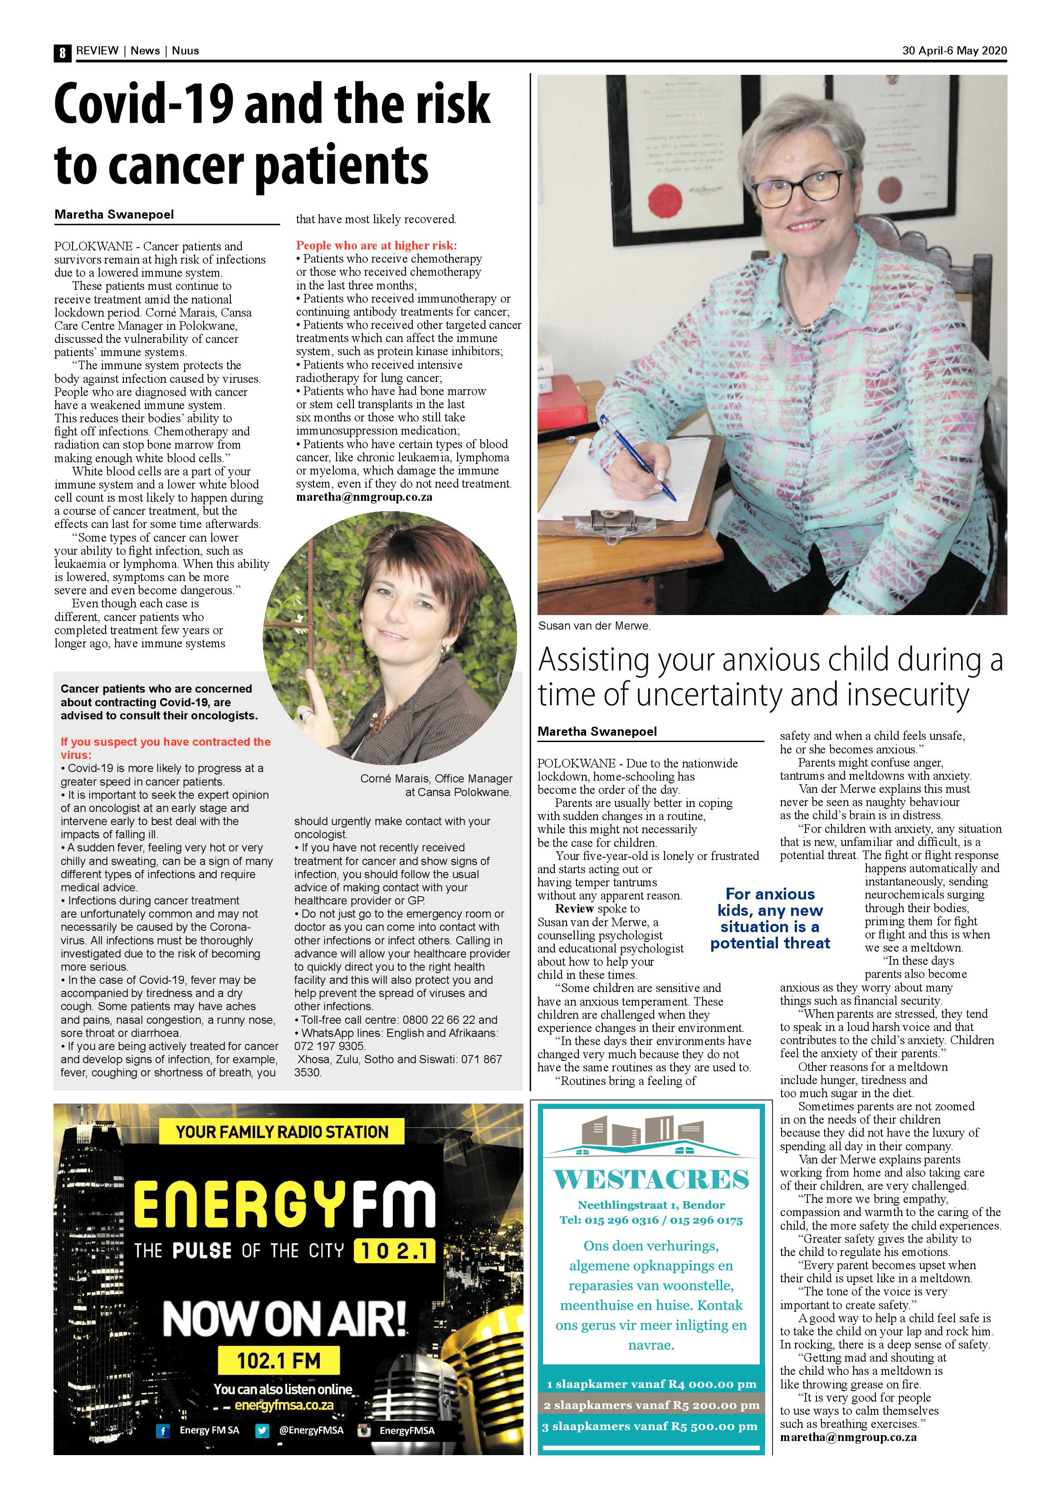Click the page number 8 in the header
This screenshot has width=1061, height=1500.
62,52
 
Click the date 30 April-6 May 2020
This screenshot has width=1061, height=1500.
954,51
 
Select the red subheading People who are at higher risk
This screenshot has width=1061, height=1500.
376,246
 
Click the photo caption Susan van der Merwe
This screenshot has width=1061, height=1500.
594,626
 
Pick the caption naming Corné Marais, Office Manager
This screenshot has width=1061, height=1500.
436,779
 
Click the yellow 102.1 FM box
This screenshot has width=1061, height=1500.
279,1362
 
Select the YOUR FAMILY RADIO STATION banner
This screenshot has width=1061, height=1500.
282,1132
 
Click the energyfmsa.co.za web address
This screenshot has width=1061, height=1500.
284,1405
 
